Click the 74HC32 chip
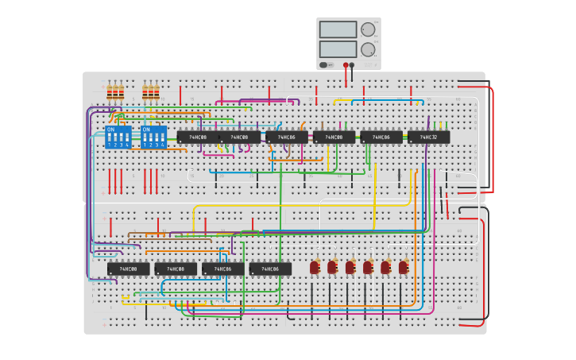click(x=428, y=137)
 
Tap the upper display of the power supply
click(x=338, y=29)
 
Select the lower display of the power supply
click(x=338, y=48)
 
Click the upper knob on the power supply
click(x=368, y=29)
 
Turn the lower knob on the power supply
click(x=368, y=49)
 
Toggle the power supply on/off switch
click(x=323, y=64)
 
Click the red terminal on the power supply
click(x=346, y=65)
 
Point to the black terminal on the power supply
click(x=352, y=65)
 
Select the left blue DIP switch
click(x=118, y=137)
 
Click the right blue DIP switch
click(x=153, y=137)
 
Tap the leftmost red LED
click(x=315, y=267)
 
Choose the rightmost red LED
click(x=404, y=267)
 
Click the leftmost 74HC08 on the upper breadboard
click(x=198, y=137)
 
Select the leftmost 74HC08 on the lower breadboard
click(x=128, y=269)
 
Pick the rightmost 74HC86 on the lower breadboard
click(x=270, y=269)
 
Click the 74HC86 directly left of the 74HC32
click(x=381, y=137)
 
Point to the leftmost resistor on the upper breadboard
click(x=110, y=92)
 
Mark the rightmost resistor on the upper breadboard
click(x=157, y=92)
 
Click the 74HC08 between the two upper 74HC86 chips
click(x=334, y=137)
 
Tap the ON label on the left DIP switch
click(x=110, y=129)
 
